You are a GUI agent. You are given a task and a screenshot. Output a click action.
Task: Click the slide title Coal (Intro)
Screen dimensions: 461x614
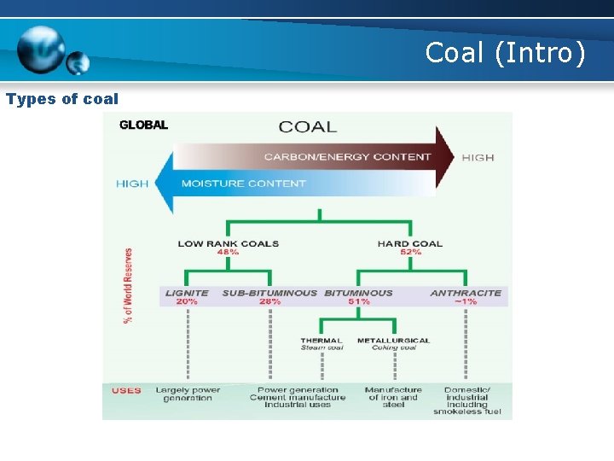pos(505,54)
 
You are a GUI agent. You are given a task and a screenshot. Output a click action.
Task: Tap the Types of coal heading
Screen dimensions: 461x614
pos(62,99)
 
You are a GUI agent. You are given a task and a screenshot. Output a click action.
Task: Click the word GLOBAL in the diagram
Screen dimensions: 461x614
pos(143,125)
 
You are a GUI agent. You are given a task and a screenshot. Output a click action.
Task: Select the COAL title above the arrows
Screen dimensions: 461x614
pos(308,127)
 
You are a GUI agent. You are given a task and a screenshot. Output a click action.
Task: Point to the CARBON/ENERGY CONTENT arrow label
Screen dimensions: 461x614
pos(347,157)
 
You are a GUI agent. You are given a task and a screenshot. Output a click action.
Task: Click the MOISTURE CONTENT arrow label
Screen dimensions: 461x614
pos(243,184)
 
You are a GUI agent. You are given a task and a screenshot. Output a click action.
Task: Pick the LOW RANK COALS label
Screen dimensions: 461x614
pos(228,243)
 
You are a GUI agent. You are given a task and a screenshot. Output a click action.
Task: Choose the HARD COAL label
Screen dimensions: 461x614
pos(410,243)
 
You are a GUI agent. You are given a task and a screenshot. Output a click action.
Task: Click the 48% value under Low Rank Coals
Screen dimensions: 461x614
pos(228,252)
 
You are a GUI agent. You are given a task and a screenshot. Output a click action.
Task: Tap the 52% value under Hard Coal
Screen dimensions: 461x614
pos(410,252)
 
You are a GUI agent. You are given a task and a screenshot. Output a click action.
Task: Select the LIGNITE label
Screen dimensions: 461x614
pos(187,293)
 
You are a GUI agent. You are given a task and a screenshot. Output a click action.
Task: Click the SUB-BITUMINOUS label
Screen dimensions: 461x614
pos(269,293)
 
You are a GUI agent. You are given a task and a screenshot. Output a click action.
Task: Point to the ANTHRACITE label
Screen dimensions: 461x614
pos(466,293)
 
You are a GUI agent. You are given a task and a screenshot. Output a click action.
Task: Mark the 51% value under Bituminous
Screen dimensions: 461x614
pos(358,301)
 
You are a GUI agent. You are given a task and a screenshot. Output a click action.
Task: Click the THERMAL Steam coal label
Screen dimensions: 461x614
pos(321,344)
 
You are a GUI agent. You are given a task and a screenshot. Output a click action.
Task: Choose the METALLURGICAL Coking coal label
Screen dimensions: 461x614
pos(393,344)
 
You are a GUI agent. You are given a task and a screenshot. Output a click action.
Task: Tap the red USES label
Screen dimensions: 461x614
pos(126,391)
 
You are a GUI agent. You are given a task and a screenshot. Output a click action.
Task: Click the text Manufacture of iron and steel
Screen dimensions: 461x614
pos(393,397)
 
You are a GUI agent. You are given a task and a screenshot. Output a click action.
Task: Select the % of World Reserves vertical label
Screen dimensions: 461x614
pos(129,285)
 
